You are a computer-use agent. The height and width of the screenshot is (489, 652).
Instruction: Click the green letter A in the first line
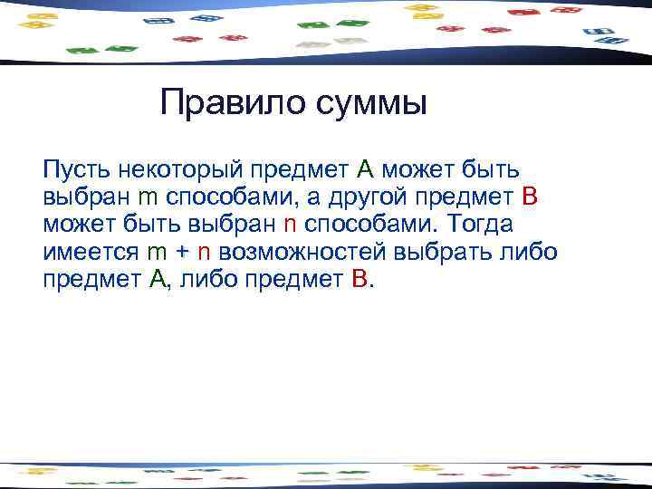click(365, 168)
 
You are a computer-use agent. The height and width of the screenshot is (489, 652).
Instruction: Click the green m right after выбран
click(149, 197)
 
